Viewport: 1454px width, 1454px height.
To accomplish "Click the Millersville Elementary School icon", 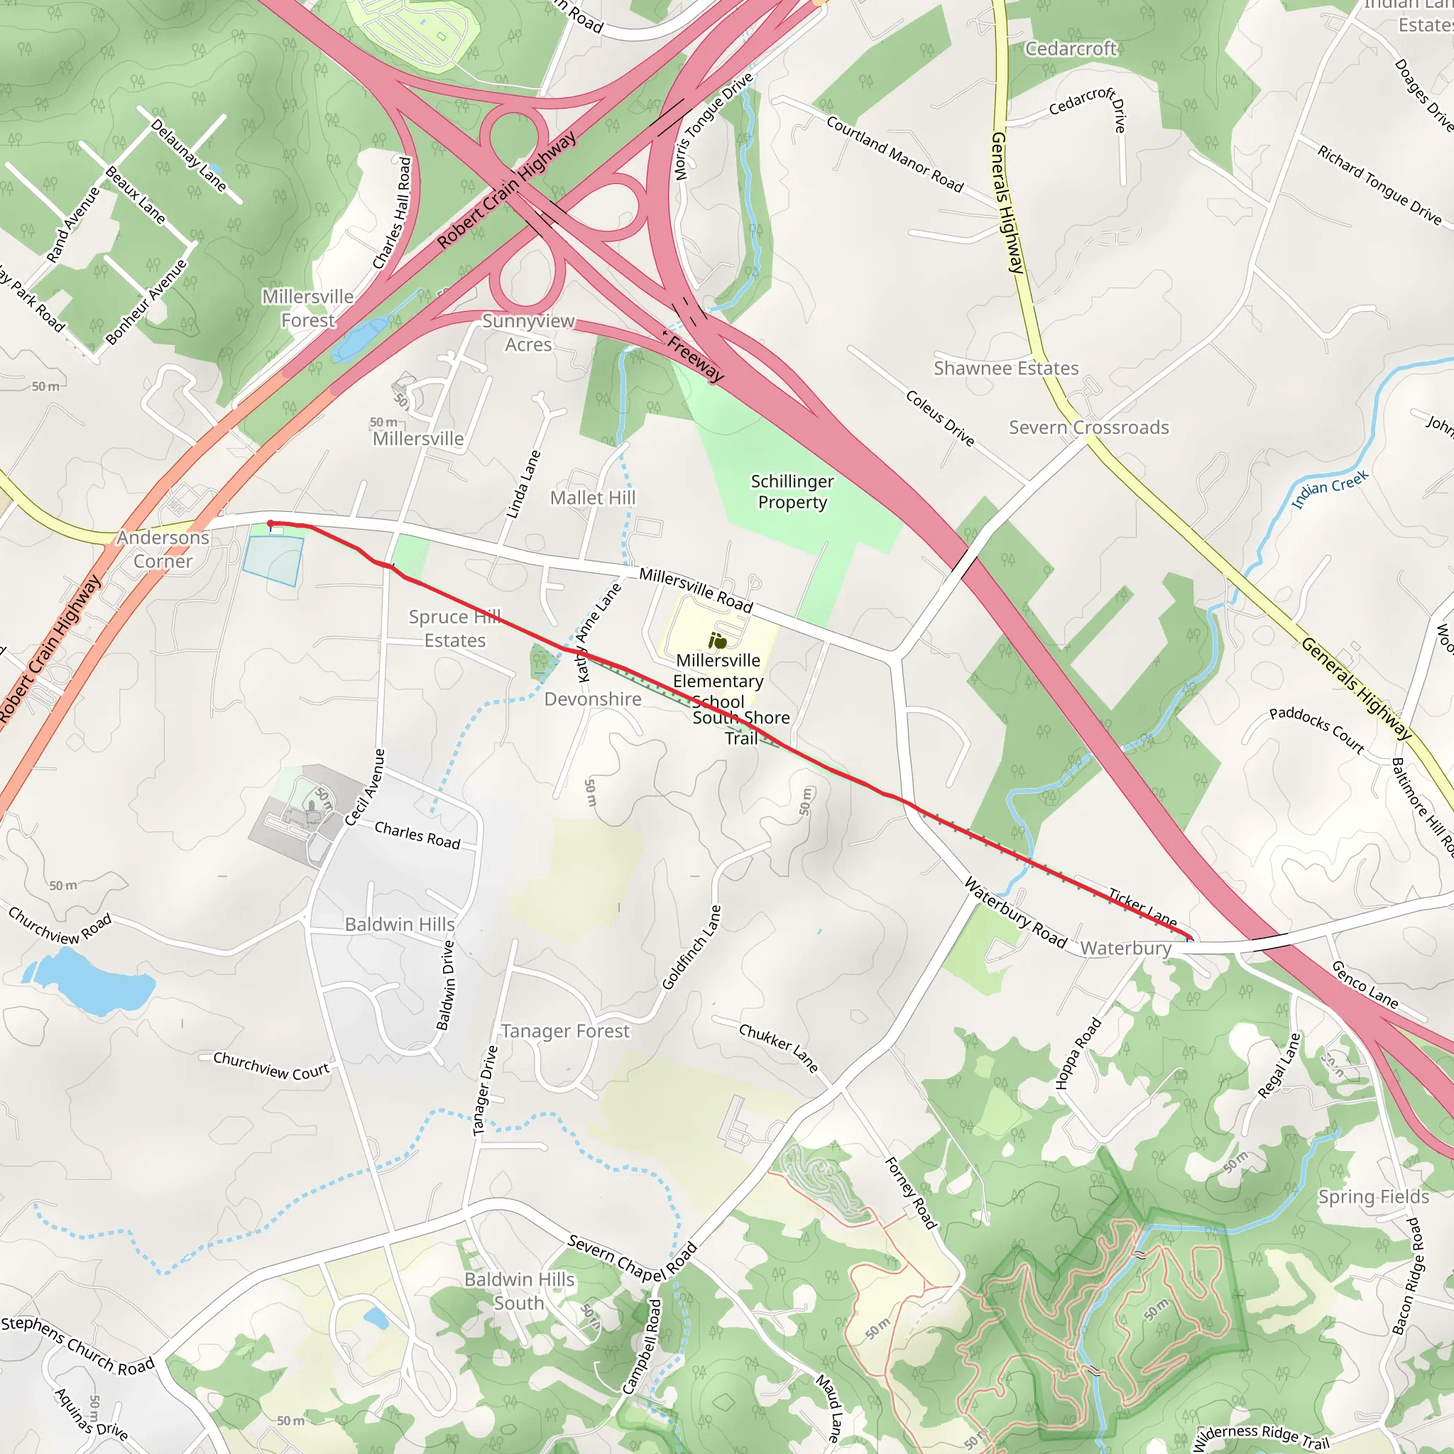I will click(x=717, y=640).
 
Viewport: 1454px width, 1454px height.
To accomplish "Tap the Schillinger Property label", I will click(x=792, y=491).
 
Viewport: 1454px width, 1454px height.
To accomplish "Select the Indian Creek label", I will click(x=1330, y=489).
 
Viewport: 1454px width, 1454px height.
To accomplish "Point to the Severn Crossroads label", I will click(x=1088, y=427).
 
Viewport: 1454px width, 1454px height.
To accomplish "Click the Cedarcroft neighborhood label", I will click(x=1070, y=49).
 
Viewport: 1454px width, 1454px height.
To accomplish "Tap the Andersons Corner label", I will click(x=163, y=550).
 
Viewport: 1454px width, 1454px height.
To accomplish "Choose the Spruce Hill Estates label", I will click(x=454, y=628).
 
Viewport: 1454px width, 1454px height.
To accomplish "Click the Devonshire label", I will click(x=592, y=699).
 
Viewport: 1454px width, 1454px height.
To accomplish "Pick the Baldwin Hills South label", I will click(x=518, y=1291).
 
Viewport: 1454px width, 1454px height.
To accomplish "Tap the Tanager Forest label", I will click(x=564, y=1031).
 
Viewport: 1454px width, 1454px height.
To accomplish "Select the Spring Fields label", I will click(x=1373, y=1196).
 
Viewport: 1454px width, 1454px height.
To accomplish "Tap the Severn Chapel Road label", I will click(x=632, y=1257).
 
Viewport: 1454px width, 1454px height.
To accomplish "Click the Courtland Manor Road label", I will click(x=894, y=154).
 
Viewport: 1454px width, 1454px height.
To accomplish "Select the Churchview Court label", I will click(x=271, y=1065).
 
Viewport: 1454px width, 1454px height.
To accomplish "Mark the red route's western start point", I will click(x=270, y=524).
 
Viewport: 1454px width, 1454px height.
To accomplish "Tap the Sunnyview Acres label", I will click(x=528, y=333).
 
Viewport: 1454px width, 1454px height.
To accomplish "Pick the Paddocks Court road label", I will click(x=1316, y=729).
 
